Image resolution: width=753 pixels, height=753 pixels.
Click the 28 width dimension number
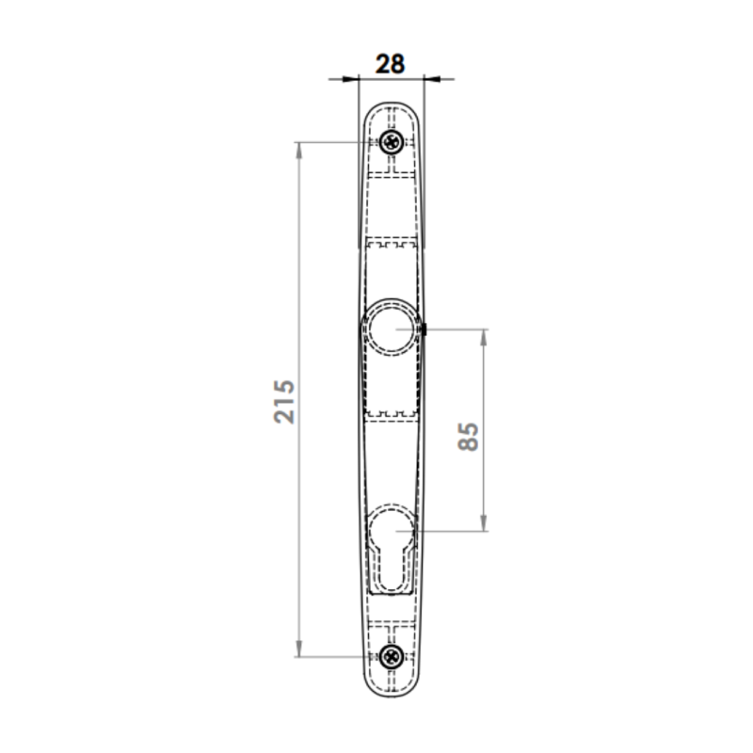pyautogui.click(x=390, y=64)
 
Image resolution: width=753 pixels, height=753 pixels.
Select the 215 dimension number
pyautogui.click(x=284, y=402)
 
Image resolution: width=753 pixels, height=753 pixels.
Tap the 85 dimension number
pyautogui.click(x=468, y=437)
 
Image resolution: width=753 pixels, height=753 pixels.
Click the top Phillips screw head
pyautogui.click(x=392, y=142)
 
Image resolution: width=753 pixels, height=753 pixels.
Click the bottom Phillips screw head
pyautogui.click(x=392, y=656)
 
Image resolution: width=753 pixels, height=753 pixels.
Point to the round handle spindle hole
pyautogui.click(x=392, y=329)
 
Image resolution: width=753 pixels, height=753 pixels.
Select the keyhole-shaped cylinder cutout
pyautogui.click(x=392, y=549)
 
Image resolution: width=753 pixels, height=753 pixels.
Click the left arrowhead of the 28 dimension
pyautogui.click(x=350, y=79)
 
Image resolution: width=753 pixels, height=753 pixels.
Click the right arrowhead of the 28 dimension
pyautogui.click(x=432, y=79)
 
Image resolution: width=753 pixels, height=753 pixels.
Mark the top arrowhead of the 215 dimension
pyautogui.click(x=298, y=151)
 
